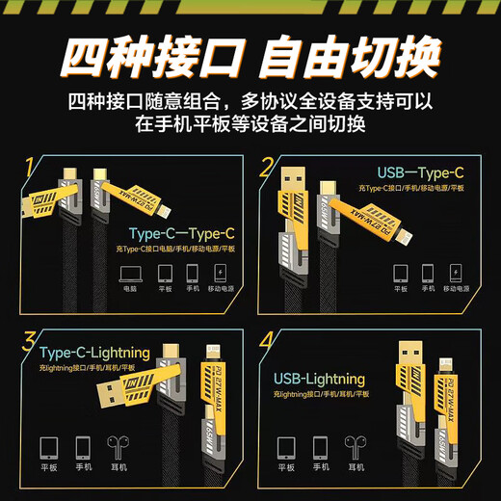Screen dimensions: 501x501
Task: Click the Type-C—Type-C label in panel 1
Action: coord(181,233)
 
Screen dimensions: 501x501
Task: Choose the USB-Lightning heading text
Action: coord(319,379)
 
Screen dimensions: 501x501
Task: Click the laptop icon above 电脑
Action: coord(130,272)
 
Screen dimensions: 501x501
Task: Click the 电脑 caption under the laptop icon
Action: coord(130,289)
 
